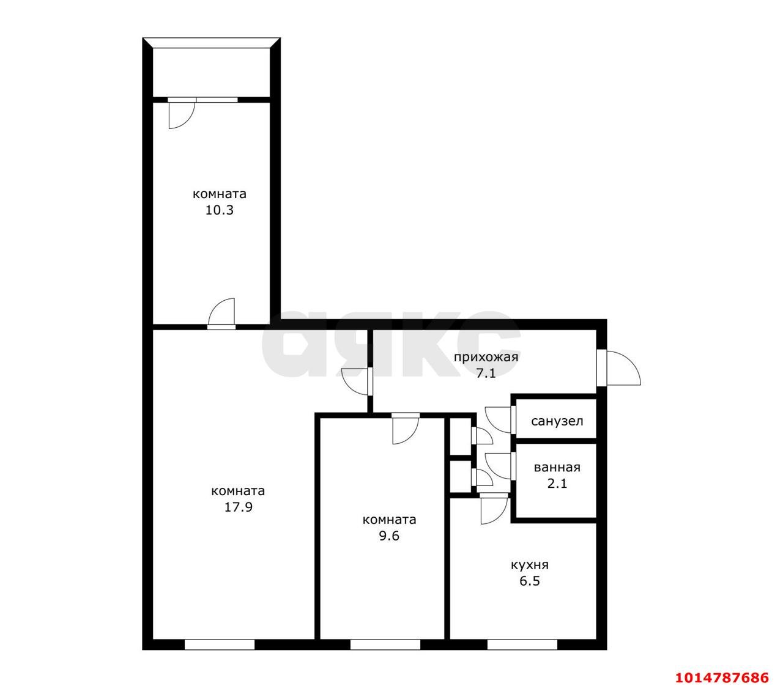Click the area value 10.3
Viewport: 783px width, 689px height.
[x=219, y=210]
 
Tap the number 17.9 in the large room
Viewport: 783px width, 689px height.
[x=238, y=507]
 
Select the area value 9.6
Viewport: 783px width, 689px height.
[x=389, y=536]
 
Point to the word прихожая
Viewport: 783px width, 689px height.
[x=486, y=357]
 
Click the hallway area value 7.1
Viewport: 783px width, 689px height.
[x=486, y=374]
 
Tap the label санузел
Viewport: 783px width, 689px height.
[x=557, y=421]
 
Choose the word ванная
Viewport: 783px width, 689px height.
[x=557, y=467]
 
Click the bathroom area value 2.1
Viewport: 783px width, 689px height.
[x=557, y=483]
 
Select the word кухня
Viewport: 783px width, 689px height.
[x=530, y=565]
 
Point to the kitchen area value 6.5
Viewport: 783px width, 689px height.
[x=530, y=581]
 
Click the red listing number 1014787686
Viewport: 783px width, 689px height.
[x=722, y=677]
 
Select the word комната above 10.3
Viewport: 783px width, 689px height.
[x=220, y=194]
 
